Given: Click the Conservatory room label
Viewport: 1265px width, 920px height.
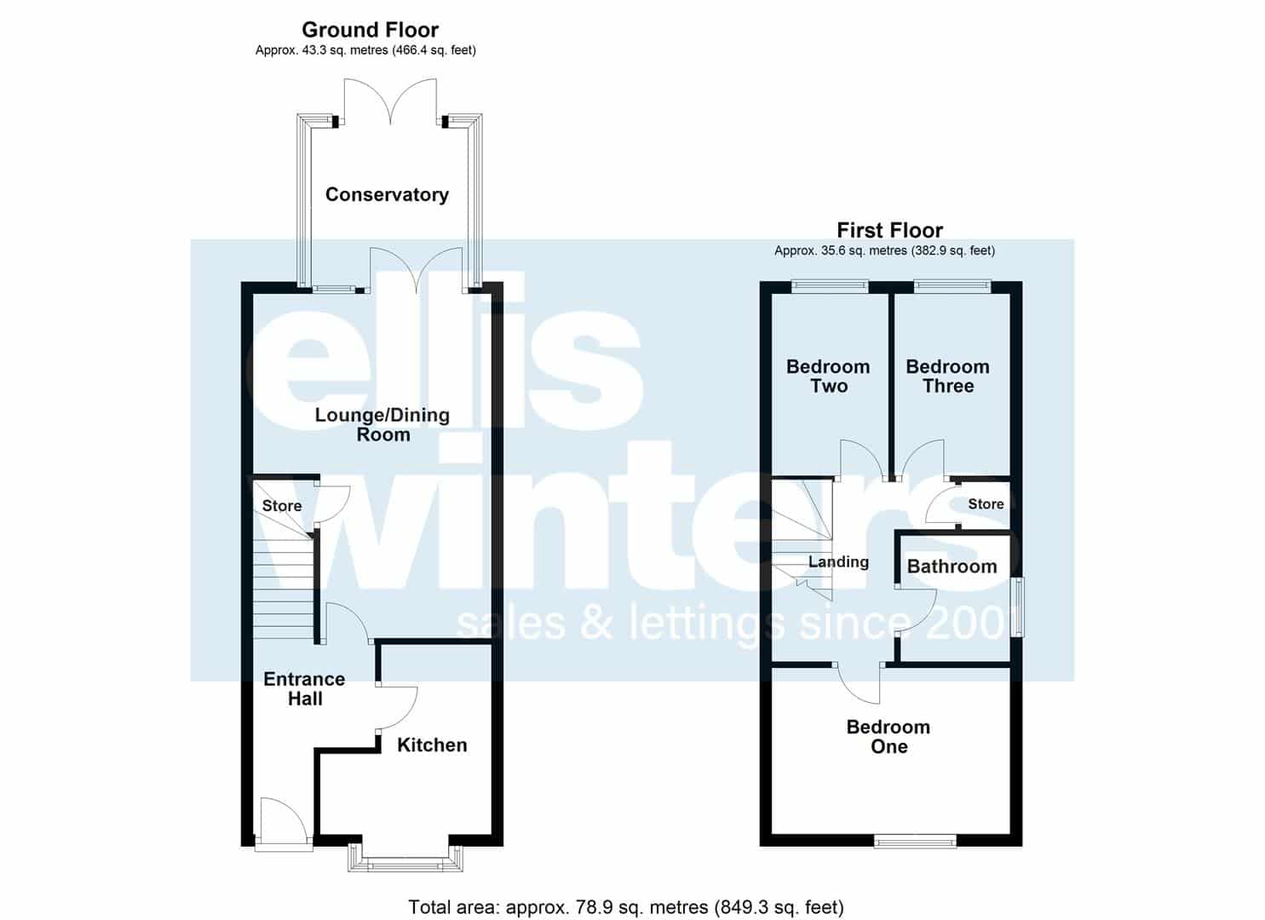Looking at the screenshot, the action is pyautogui.click(x=387, y=194).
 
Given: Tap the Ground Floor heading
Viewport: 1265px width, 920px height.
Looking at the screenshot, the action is pyautogui.click(x=370, y=29).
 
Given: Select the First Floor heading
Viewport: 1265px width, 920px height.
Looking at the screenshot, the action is pyautogui.click(x=889, y=230).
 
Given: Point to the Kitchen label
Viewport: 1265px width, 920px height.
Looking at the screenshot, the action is pyautogui.click(x=432, y=745).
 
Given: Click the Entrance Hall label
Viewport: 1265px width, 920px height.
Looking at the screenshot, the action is pyautogui.click(x=304, y=688).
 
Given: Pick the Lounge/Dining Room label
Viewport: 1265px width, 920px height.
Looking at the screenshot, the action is pyautogui.click(x=382, y=425).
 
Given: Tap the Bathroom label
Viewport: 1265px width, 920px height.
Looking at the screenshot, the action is pyautogui.click(x=952, y=566).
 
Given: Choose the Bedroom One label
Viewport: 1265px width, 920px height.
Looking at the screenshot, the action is pyautogui.click(x=888, y=737).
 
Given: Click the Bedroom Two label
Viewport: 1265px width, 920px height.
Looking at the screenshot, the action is pyautogui.click(x=828, y=377).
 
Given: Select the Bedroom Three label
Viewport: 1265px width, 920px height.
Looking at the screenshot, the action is pyautogui.click(x=947, y=377).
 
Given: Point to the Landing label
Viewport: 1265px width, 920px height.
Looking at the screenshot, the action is pyautogui.click(x=838, y=562).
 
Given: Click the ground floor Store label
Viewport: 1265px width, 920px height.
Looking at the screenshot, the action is pyautogui.click(x=282, y=505).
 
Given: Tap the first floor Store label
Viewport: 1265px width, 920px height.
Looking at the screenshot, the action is pyautogui.click(x=986, y=503).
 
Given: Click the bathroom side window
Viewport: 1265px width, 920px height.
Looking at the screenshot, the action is pyautogui.click(x=1017, y=607).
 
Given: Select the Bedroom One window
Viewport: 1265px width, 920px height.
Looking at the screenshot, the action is pyautogui.click(x=916, y=842).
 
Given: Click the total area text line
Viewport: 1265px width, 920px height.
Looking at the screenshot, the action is pyautogui.click(x=626, y=907).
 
